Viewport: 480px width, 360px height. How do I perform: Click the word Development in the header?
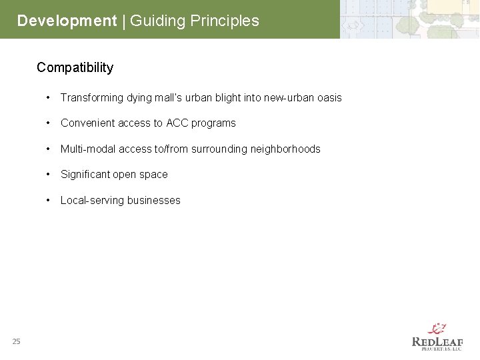pos(67,21)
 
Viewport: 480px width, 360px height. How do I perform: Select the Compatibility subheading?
pos(75,67)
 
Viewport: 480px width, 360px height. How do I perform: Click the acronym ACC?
pos(177,123)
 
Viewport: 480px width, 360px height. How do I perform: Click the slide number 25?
pos(16,341)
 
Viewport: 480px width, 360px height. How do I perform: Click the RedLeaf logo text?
pos(437,342)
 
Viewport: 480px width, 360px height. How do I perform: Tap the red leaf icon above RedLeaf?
pos(437,329)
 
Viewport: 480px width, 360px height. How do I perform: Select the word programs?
pos(214,123)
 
